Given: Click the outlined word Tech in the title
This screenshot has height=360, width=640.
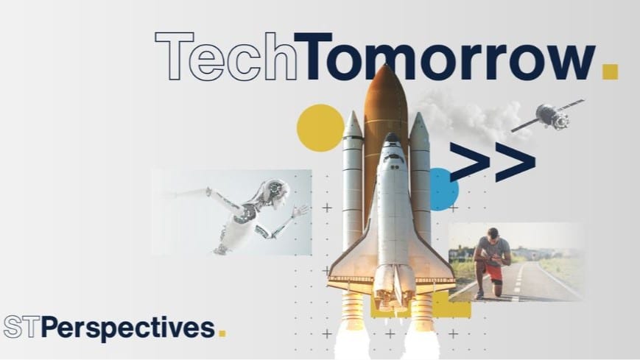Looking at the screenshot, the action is [x=225, y=56].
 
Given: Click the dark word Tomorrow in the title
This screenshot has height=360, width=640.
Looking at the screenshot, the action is [x=444, y=56].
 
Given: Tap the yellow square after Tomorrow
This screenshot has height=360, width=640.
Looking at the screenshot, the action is [x=611, y=71].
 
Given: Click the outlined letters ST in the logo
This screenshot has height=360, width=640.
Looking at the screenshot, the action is [x=22, y=327].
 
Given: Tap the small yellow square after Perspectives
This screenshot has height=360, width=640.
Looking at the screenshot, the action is [x=222, y=333].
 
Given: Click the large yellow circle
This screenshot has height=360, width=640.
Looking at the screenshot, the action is [x=320, y=128].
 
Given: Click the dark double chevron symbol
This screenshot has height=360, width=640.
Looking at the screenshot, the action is [x=492, y=162].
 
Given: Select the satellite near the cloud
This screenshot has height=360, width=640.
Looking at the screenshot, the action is [x=549, y=115].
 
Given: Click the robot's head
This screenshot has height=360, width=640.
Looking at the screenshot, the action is [x=275, y=192].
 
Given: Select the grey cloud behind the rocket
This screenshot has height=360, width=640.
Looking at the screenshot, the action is [x=469, y=116].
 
